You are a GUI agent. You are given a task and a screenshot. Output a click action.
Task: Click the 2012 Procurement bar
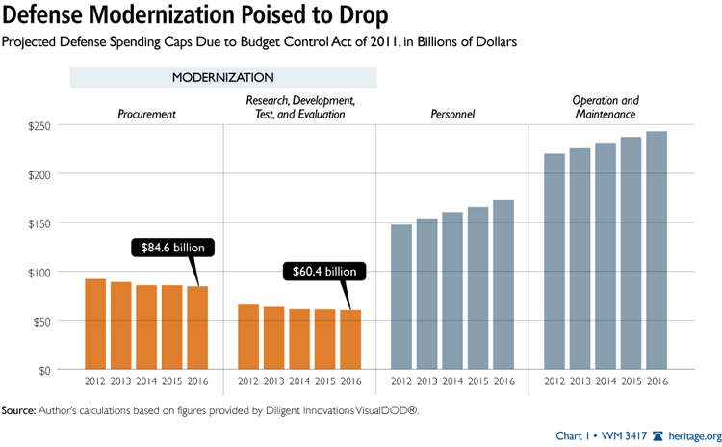point(95,324)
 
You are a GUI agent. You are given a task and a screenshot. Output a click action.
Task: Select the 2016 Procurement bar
point(197,328)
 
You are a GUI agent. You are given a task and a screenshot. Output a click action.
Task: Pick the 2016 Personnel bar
point(503,284)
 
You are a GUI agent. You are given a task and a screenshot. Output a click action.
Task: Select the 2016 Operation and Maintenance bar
point(656,250)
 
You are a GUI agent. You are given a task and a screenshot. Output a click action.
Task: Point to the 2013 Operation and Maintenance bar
point(580,258)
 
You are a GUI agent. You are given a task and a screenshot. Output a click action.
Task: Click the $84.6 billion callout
point(172,247)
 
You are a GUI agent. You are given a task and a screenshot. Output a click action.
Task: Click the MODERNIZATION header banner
point(222,77)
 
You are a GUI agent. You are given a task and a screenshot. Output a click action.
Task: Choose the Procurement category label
point(146,115)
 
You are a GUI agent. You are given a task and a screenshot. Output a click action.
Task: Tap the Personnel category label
point(452,115)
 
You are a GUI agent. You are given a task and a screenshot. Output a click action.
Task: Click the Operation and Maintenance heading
point(605,107)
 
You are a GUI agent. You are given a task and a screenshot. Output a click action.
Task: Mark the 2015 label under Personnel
point(477,381)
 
